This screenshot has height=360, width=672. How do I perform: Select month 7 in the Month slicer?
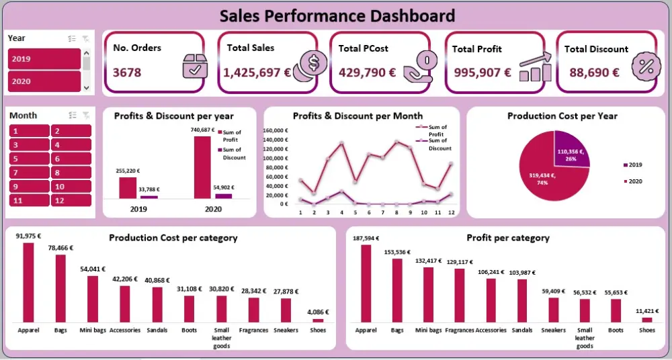[29, 173]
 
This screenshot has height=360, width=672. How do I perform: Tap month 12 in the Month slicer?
[71, 200]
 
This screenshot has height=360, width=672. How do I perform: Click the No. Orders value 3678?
[127, 72]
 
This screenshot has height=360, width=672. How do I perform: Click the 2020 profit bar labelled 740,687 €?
[202, 167]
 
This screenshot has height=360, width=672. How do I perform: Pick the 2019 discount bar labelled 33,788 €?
[149, 197]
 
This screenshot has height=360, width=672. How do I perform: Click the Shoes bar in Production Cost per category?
[318, 320]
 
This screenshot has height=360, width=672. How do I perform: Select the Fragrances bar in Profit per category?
[460, 295]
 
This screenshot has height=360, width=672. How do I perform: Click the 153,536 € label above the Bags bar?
[397, 253]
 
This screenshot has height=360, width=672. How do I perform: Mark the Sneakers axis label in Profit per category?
[553, 330]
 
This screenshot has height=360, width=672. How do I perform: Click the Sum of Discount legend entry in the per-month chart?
[437, 144]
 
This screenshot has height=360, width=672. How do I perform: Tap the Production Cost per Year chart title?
[562, 116]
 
